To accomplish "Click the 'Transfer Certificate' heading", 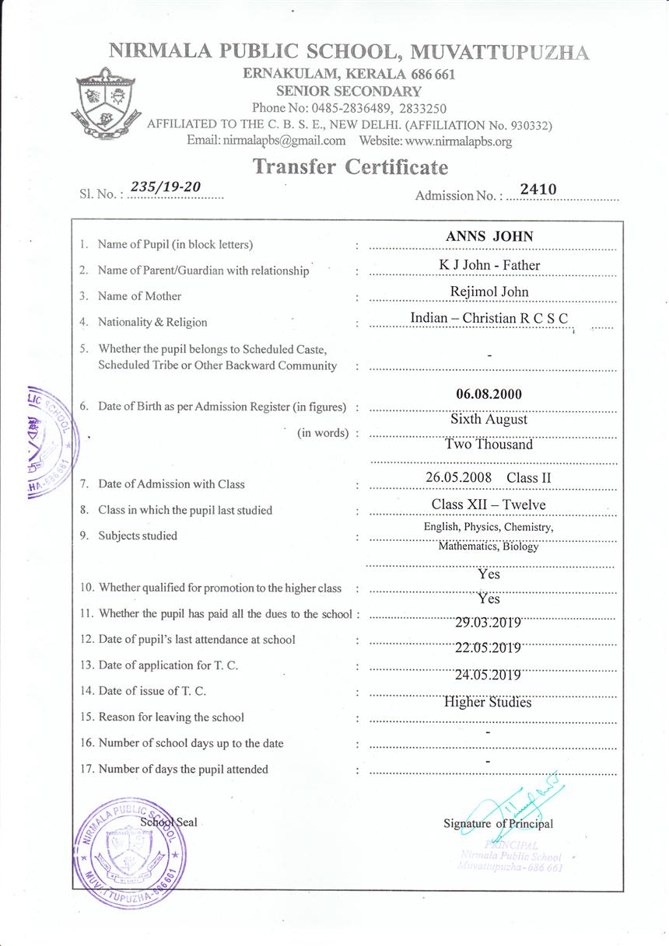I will click(x=350, y=167).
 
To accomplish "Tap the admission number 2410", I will click(x=538, y=187).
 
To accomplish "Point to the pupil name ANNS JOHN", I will click(x=489, y=237).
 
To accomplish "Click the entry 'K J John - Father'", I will click(x=489, y=265).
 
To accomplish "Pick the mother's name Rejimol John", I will click(x=489, y=291).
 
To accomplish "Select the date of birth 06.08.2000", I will click(x=489, y=394).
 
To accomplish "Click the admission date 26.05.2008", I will click(x=460, y=477).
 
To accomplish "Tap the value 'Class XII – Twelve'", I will click(x=489, y=504).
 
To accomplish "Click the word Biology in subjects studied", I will click(x=520, y=546).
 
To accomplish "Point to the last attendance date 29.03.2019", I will click(x=488, y=622).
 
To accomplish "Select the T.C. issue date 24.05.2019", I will click(x=488, y=675).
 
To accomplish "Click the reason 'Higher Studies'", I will click(x=488, y=702).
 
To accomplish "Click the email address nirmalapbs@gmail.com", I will click(x=283, y=141).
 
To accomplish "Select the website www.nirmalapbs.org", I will click(x=458, y=141).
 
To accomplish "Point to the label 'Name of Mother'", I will click(x=139, y=296).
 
